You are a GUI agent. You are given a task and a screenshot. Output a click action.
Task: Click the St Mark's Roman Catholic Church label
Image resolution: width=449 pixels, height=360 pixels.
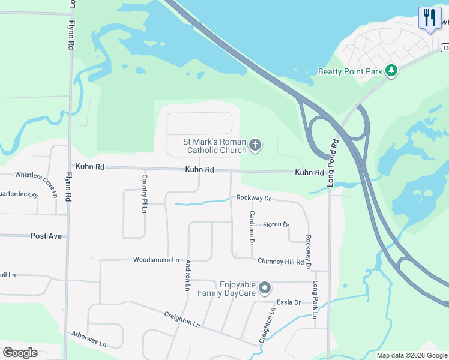(x=214, y=146)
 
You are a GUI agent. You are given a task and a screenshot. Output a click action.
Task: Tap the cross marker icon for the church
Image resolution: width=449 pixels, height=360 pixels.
(x=256, y=145)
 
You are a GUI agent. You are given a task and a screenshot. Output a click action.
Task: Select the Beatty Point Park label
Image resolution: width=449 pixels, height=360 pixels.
(x=350, y=71)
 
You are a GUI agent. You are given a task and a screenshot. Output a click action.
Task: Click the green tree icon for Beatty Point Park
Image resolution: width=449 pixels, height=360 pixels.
(x=391, y=71)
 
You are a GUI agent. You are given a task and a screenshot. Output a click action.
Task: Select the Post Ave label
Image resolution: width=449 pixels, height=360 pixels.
(x=46, y=236)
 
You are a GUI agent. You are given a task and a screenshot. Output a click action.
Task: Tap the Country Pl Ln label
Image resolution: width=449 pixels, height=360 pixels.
(x=145, y=193)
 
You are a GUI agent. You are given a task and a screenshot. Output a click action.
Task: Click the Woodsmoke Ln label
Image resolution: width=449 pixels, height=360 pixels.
(x=156, y=260)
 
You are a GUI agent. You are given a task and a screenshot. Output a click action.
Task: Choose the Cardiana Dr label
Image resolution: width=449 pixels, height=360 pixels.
(x=252, y=228)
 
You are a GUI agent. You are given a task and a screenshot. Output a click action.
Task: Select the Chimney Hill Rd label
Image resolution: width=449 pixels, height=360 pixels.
(x=280, y=262)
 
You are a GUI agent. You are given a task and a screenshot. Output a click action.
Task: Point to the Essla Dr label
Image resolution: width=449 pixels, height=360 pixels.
(x=288, y=302)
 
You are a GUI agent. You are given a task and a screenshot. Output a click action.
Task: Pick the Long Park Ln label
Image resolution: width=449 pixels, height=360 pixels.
(x=315, y=299)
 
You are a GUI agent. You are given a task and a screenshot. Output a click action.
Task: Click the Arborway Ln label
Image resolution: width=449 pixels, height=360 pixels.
(x=88, y=339)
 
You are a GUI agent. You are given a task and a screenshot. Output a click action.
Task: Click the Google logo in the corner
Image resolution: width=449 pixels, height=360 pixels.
(x=20, y=353)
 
